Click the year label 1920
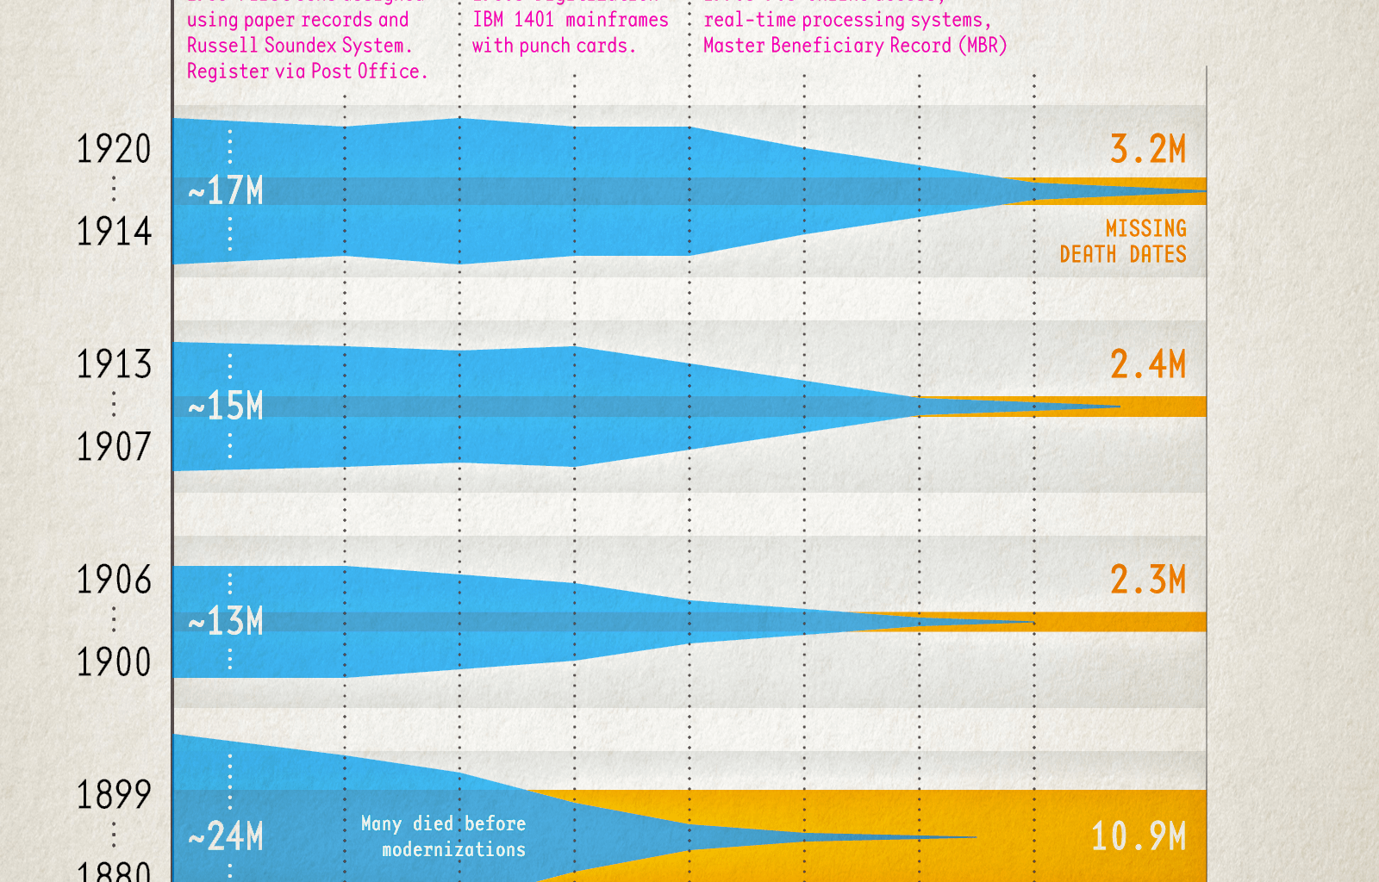pos(114,149)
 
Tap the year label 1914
pos(114,232)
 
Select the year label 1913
pos(114,364)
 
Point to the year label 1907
pos(114,447)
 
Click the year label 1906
pos(114,580)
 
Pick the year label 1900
pos(114,662)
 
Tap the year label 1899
pos(114,795)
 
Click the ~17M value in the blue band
pos(226,190)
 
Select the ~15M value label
pos(226,406)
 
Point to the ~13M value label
pos(226,621)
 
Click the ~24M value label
pos(226,836)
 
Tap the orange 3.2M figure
pos(1148,149)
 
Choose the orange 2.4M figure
pos(1148,364)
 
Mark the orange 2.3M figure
pos(1148,580)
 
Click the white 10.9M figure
pos(1139,836)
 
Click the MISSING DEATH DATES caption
pos(1124,241)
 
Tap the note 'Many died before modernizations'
pos(445,836)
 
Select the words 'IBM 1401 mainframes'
pos(571,20)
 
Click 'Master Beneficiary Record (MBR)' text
pos(855,46)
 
